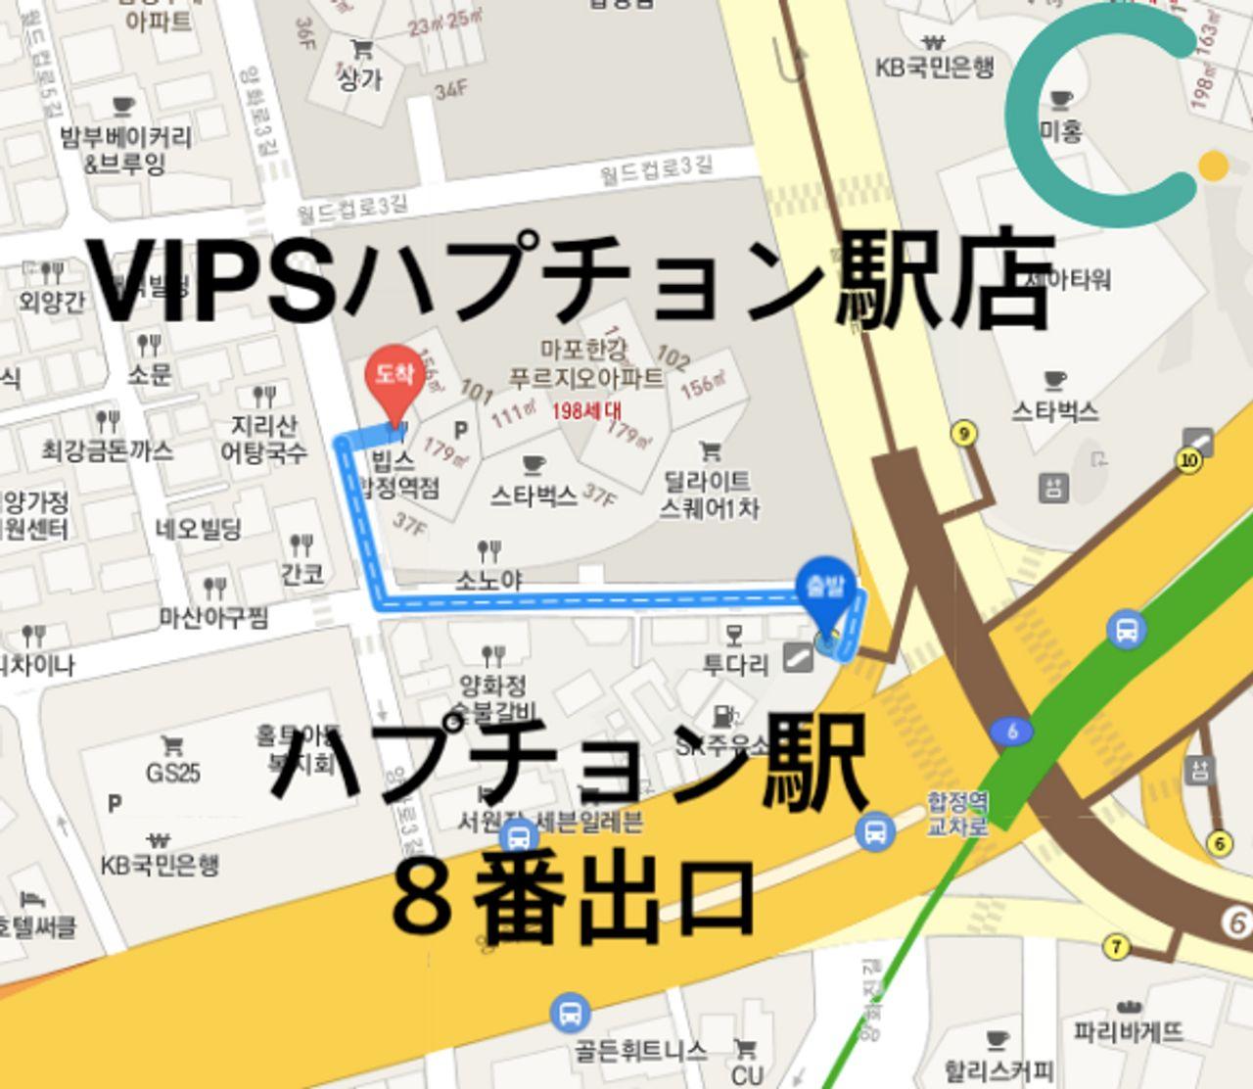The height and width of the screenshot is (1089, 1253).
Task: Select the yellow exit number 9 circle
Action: point(964,434)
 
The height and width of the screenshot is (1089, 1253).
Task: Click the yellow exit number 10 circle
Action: point(1189,460)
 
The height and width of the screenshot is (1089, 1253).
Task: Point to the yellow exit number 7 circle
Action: point(1116,947)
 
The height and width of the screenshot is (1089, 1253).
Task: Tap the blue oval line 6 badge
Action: point(1011,731)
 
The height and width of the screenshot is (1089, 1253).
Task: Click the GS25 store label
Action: point(173,773)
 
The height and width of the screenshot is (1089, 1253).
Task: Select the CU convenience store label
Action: point(747,1073)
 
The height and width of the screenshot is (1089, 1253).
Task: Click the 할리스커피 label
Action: point(998,1069)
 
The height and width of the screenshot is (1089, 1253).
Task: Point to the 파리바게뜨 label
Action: point(1128,1031)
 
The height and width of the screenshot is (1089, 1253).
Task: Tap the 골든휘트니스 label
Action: point(640,1051)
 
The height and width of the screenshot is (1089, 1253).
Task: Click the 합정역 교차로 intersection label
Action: point(957,814)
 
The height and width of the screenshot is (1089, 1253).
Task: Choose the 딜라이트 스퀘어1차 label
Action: point(709,495)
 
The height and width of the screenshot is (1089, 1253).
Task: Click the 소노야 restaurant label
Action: point(488,580)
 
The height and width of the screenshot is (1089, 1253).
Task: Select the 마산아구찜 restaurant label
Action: point(213,617)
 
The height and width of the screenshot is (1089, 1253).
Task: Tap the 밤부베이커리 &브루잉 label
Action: point(125,149)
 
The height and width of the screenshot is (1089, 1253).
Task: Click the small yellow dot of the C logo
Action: point(1213,166)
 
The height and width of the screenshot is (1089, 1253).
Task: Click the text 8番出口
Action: point(573,899)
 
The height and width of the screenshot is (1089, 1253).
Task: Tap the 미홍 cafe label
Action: point(1060,130)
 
